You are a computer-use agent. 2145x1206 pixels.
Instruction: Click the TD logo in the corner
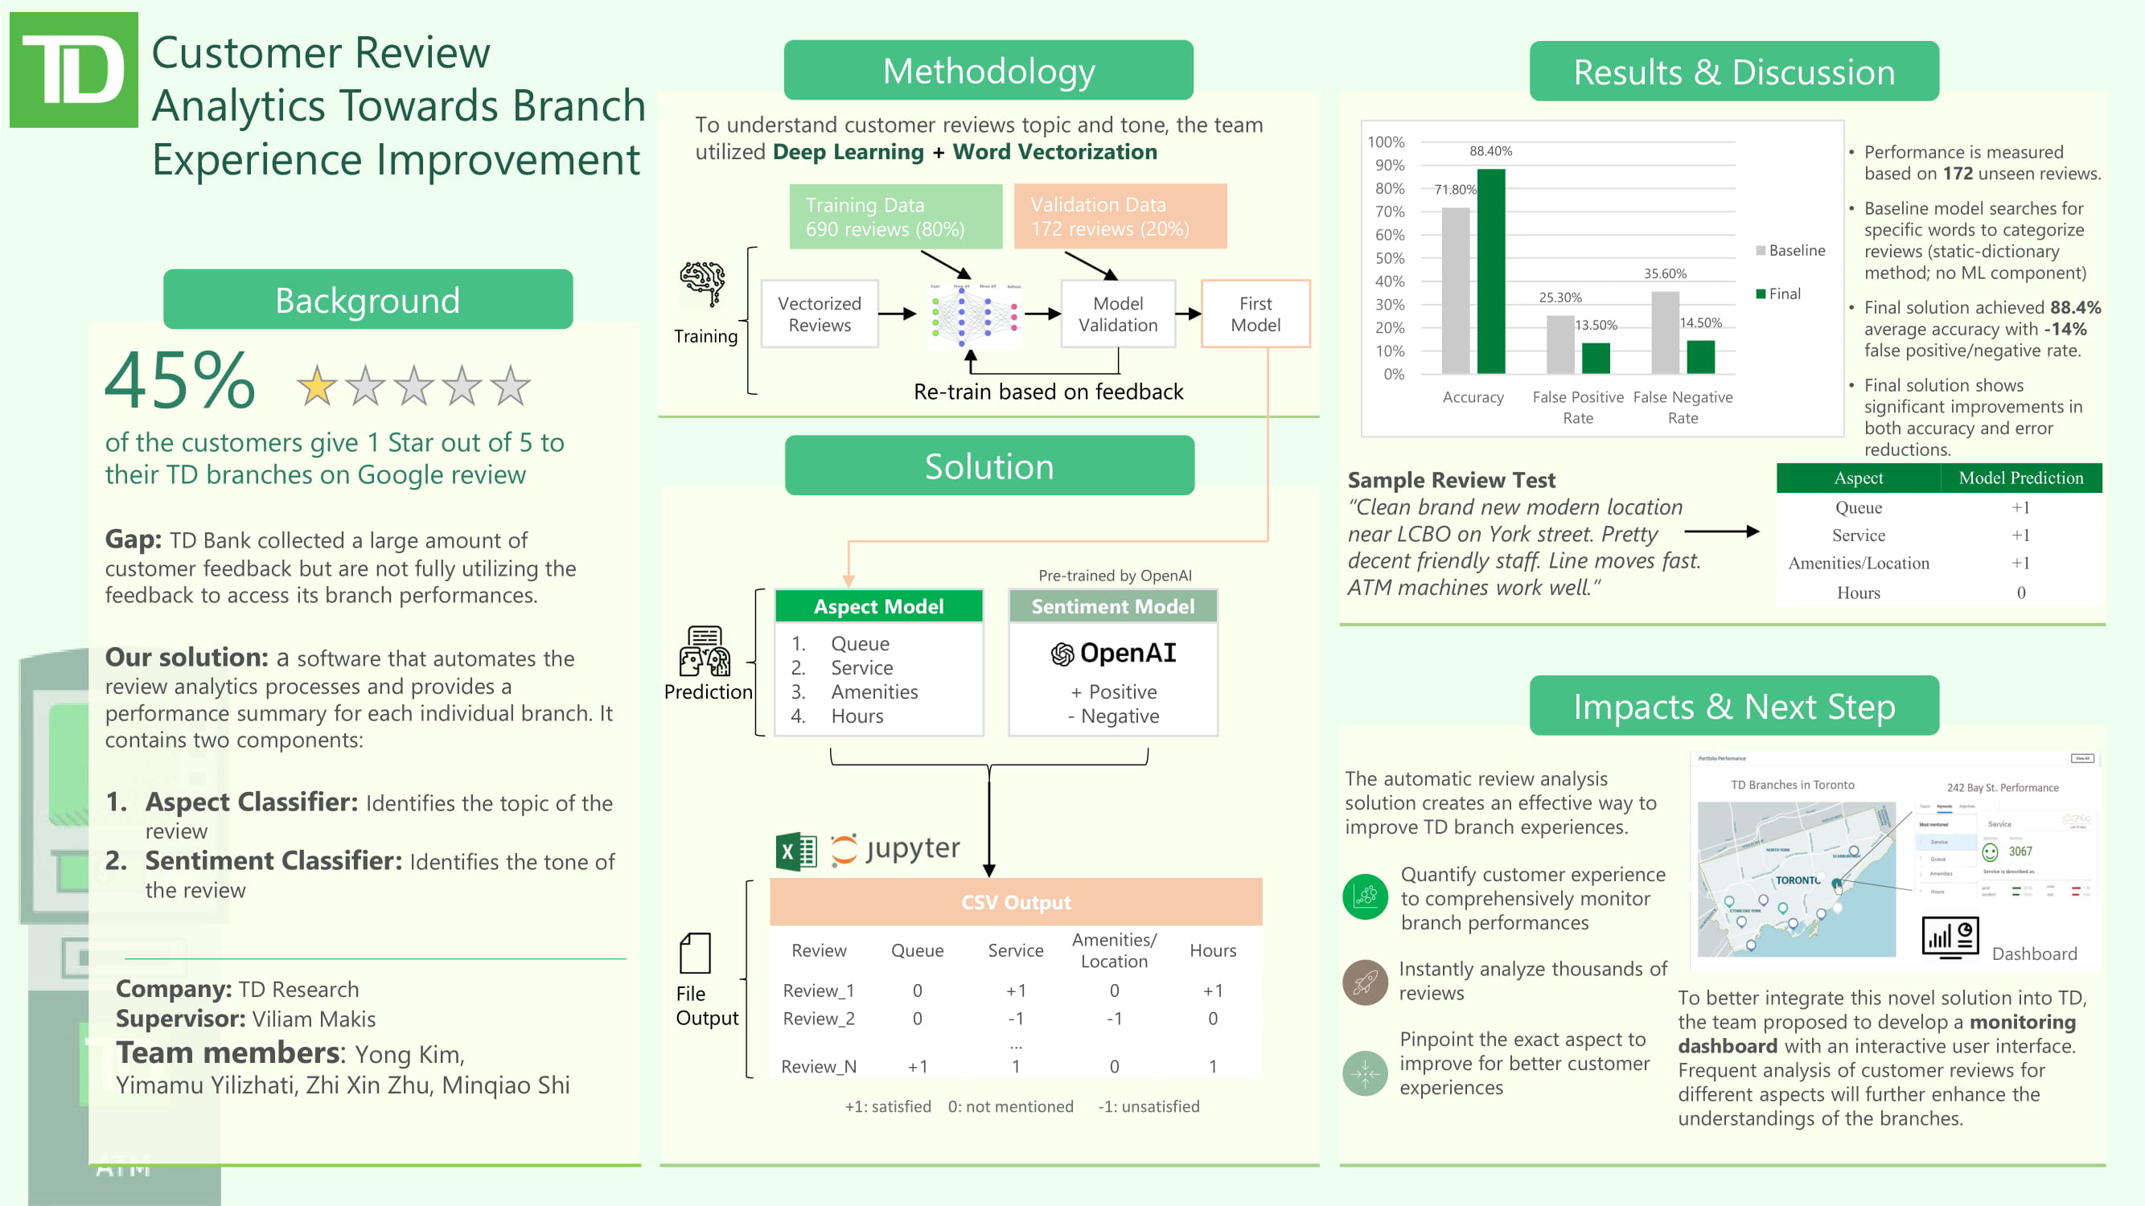(73, 70)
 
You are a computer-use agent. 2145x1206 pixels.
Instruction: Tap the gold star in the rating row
(317, 386)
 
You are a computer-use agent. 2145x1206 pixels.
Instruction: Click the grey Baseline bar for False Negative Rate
(1666, 332)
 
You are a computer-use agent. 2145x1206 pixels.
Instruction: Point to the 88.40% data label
(1490, 151)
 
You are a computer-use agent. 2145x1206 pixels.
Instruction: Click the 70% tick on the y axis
(1389, 212)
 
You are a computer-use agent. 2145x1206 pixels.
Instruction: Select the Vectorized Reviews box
(820, 314)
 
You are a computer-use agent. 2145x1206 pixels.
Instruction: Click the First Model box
(1255, 314)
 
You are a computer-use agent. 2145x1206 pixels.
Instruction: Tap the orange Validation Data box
(1120, 216)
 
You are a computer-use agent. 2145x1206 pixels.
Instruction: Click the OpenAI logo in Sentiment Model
(1062, 654)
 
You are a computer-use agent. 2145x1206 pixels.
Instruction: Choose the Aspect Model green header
(878, 607)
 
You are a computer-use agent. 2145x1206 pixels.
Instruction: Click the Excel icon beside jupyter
(796, 851)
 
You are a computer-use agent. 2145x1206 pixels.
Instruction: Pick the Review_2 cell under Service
(1015, 1019)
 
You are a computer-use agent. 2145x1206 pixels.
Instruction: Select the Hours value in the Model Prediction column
(2021, 593)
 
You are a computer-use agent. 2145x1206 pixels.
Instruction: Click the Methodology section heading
(988, 71)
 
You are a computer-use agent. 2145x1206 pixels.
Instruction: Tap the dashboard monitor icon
(1950, 938)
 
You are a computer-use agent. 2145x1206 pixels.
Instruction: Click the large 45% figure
(180, 382)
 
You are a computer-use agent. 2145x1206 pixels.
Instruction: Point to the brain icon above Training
(702, 283)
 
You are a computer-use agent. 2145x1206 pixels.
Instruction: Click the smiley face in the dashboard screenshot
(1990, 851)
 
